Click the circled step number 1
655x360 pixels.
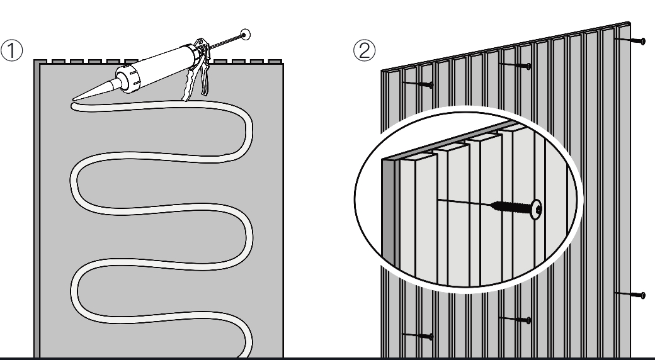(x=12, y=50)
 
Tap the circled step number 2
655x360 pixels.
(x=364, y=50)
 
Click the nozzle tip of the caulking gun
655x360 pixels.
(x=74, y=99)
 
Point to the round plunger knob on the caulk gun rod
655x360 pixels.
(x=245, y=35)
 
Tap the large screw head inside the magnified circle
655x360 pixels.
(x=537, y=209)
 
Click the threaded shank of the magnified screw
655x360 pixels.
(x=511, y=206)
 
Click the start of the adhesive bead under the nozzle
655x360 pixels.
(x=74, y=107)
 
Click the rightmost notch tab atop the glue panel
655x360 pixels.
(x=275, y=62)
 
